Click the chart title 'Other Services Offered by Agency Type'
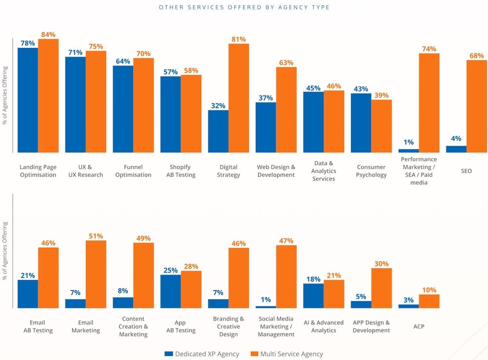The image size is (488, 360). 244,7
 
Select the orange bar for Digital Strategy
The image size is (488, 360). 239,98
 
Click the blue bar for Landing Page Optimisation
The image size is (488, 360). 28,100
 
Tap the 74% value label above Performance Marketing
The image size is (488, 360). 429,49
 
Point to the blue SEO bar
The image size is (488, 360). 456,149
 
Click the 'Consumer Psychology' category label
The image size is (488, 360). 371,171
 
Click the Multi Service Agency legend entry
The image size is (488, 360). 286,354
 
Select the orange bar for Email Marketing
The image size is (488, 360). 96,274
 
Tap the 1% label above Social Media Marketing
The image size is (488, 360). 266,300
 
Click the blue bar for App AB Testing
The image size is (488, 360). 170,291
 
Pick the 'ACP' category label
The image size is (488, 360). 419,326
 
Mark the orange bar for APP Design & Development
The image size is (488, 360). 382,288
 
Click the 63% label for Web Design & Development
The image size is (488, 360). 286,62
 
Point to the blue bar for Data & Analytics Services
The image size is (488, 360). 313,122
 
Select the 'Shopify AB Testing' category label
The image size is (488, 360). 181,171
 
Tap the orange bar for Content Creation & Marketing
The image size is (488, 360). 143,275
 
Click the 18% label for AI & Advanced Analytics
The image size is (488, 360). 313,279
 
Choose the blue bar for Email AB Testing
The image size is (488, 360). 28,294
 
